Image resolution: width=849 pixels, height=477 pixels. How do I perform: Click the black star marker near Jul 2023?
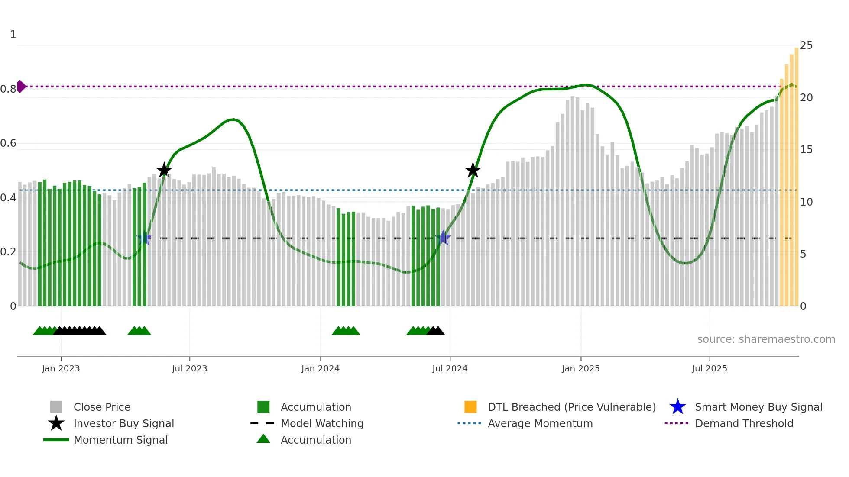164,170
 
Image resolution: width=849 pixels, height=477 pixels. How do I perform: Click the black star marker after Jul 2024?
473,170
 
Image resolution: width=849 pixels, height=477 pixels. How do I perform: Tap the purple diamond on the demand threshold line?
21,87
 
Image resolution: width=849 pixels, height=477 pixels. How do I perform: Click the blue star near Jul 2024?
443,238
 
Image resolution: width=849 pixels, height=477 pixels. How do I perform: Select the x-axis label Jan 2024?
320,368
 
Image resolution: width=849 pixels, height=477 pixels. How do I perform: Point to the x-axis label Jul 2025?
709,368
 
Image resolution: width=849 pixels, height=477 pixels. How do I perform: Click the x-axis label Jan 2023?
61,368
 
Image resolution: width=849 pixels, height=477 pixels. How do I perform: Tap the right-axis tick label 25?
806,45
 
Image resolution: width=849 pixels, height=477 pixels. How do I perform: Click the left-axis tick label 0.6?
8,143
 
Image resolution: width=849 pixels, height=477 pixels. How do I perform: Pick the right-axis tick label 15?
806,150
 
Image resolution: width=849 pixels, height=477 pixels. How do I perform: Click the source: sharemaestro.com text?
766,339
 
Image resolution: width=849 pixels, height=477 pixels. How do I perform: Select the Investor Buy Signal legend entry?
123,423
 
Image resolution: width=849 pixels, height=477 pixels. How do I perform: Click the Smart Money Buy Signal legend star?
677,407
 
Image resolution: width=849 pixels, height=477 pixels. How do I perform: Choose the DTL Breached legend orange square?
470,407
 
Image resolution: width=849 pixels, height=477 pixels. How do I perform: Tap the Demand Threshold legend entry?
744,423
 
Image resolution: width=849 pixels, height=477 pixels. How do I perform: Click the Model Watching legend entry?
322,423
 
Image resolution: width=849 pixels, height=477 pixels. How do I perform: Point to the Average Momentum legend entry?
540,423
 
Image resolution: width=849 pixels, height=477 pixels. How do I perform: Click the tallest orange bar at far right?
797,173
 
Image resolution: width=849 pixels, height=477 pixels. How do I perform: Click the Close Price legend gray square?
56,407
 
